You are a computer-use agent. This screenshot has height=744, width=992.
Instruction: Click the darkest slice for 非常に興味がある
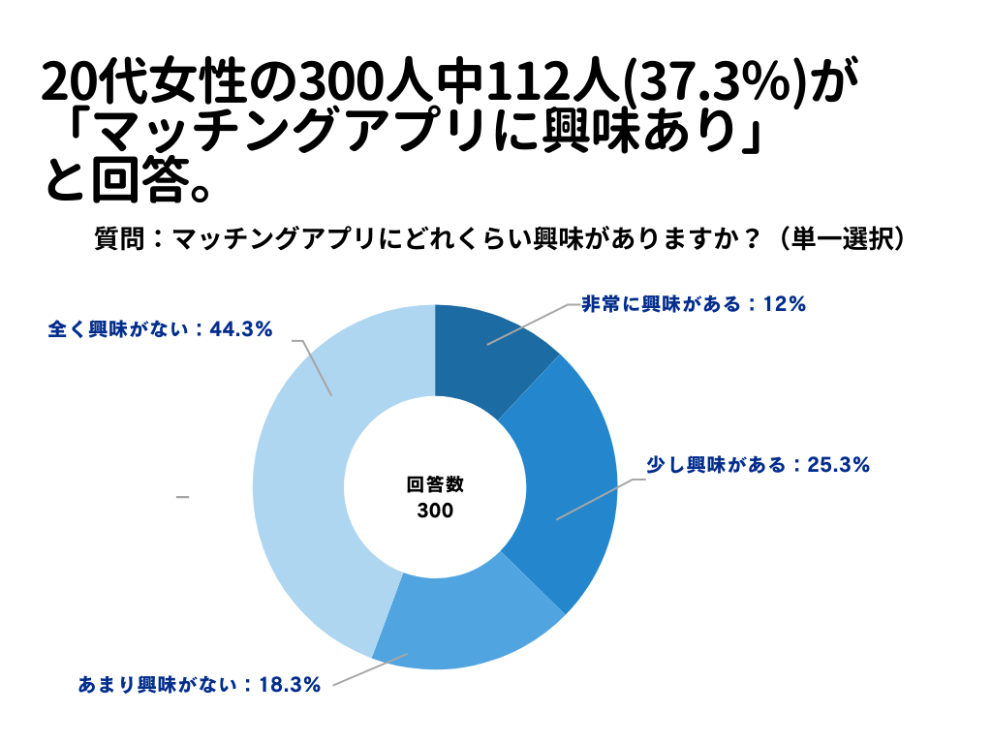pos(489,355)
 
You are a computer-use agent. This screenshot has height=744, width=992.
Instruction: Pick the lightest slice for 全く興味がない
pos(300,484)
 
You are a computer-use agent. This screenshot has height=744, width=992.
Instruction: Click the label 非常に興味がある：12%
pos(694,304)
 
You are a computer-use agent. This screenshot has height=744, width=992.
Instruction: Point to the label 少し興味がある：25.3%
pos(758,465)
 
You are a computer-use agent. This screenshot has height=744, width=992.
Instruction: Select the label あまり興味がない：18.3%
pos(199,685)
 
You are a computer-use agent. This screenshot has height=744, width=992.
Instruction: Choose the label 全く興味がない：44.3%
pos(160,329)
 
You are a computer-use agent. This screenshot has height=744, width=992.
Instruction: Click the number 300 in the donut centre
pos(435,511)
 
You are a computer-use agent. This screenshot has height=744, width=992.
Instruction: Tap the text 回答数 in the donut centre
pos(435,484)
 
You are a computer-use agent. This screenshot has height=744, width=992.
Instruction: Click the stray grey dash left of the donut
pos(182,497)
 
